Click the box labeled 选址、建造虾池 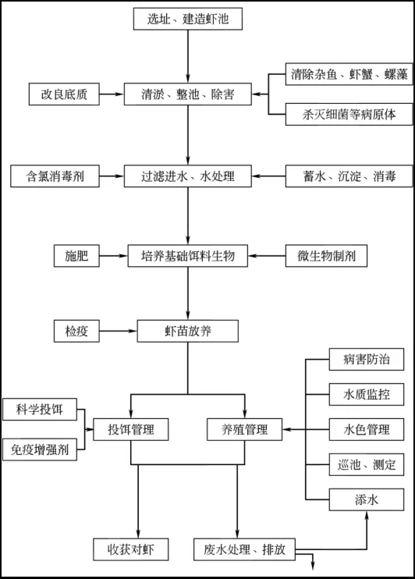(x=187, y=19)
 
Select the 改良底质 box (x=64, y=94)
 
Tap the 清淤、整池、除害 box (x=187, y=94)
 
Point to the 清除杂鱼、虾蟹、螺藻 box (x=349, y=74)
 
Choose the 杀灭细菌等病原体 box (x=349, y=114)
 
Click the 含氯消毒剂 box (x=55, y=176)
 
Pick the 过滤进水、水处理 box (x=187, y=176)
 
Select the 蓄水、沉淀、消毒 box (x=349, y=176)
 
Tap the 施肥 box (x=76, y=255)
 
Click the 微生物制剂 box (x=326, y=255)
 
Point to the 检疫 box (x=76, y=331)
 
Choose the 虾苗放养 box (x=187, y=331)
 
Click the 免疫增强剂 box (x=40, y=449)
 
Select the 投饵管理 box (x=131, y=429)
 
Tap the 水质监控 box (x=367, y=394)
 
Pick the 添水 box (x=367, y=499)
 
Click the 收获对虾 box (x=131, y=549)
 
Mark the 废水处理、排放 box (x=244, y=549)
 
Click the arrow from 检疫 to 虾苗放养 (x=118, y=331)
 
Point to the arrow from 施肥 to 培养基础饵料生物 (x=114, y=255)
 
